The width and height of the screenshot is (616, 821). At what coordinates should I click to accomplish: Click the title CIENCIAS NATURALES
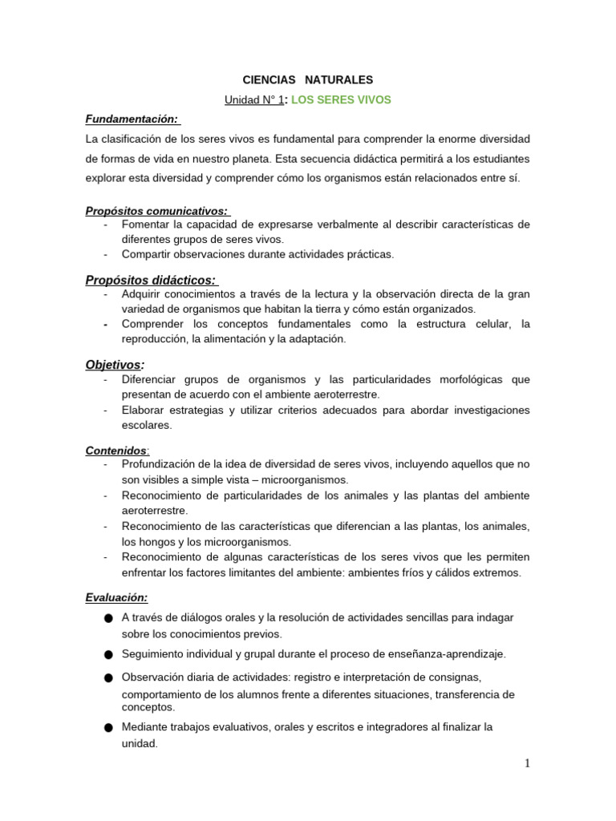click(308, 80)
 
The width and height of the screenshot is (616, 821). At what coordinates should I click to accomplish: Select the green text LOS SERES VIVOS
click(340, 99)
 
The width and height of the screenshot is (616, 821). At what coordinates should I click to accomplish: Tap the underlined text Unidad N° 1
click(254, 99)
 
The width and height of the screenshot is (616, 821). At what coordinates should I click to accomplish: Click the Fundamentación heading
click(132, 119)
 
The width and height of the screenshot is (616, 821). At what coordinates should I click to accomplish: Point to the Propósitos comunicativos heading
click(156, 211)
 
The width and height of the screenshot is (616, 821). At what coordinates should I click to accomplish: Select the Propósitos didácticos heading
click(150, 280)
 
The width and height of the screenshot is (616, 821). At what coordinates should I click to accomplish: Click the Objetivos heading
click(115, 365)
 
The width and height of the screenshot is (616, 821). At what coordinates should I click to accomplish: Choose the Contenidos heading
click(115, 451)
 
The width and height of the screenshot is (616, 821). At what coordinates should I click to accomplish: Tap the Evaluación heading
click(116, 597)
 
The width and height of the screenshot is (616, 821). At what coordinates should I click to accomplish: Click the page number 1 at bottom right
click(527, 763)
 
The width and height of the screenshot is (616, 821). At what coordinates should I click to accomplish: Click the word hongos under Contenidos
click(160, 542)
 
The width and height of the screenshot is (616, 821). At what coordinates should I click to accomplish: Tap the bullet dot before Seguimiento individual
click(108, 655)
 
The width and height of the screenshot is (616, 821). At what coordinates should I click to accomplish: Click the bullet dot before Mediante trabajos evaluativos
click(108, 728)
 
